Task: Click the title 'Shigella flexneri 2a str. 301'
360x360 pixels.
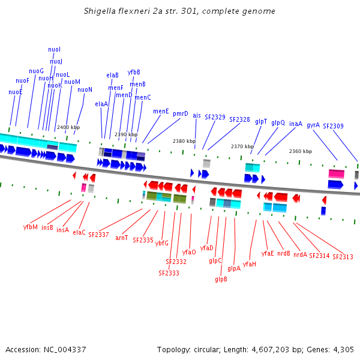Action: click(180, 11)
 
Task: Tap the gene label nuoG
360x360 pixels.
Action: click(36, 71)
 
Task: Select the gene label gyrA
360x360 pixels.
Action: click(313, 125)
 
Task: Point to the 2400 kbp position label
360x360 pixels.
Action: click(68, 127)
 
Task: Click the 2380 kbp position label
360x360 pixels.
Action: click(184, 141)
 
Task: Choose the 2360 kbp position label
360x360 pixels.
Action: click(300, 151)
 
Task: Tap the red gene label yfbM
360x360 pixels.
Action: click(30, 227)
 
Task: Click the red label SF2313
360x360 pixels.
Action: click(343, 257)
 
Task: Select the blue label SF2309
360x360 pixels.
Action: click(333, 126)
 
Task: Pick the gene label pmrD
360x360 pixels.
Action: click(181, 113)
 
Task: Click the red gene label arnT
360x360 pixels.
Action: click(122, 238)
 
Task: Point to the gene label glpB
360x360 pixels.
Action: click(221, 279)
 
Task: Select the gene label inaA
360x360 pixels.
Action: click(296, 124)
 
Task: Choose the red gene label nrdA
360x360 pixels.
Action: click(300, 254)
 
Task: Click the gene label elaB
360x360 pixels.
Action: click(112, 75)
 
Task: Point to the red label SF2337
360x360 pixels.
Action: click(98, 235)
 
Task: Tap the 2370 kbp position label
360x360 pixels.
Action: click(242, 146)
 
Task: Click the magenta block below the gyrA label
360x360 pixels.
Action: click(336, 173)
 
